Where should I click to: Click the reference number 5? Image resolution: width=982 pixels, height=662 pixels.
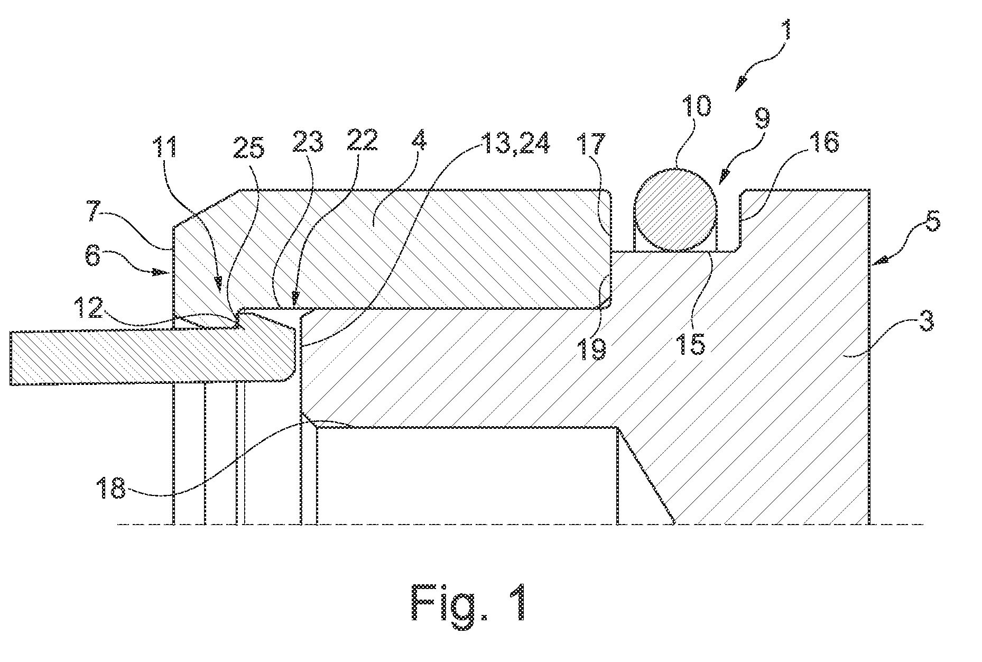(x=933, y=223)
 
